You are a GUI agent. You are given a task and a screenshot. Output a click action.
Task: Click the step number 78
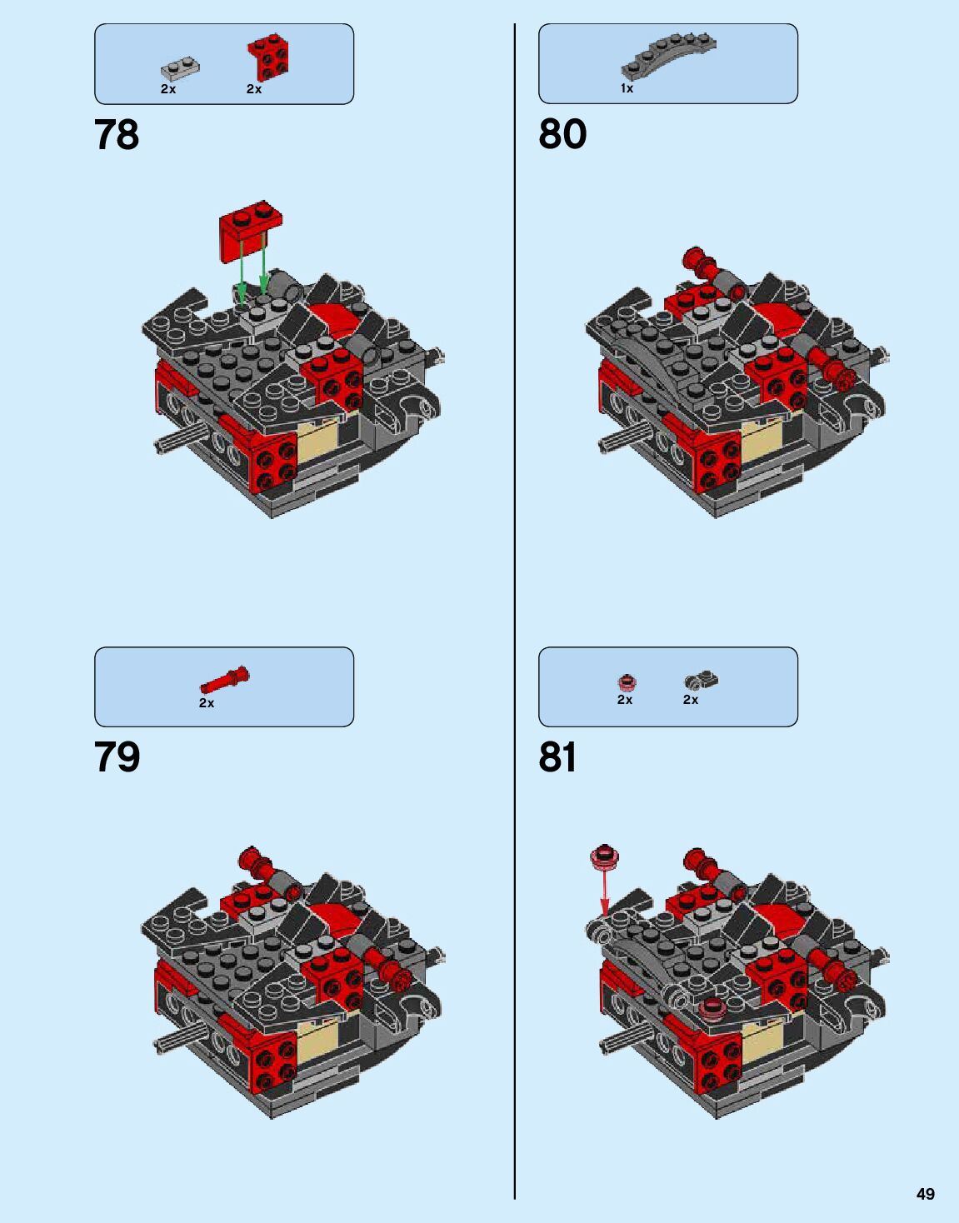pyautogui.click(x=117, y=135)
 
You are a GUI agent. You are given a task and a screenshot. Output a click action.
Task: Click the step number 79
pyautogui.click(x=117, y=757)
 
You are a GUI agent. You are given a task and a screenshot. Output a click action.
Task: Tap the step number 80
pyautogui.click(x=562, y=134)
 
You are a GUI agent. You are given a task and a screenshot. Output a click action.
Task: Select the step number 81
pyautogui.click(x=558, y=757)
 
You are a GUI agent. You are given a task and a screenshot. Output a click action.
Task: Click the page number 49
pyautogui.click(x=925, y=1194)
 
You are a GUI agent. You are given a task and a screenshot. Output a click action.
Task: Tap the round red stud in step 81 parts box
pyautogui.click(x=627, y=682)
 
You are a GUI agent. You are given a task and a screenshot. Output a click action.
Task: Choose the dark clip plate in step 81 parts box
pyautogui.click(x=701, y=681)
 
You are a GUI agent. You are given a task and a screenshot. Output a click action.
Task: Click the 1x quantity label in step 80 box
pyautogui.click(x=627, y=88)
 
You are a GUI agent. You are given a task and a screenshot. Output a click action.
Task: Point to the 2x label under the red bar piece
pyautogui.click(x=207, y=703)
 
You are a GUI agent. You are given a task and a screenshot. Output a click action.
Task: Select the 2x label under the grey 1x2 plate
pyautogui.click(x=168, y=89)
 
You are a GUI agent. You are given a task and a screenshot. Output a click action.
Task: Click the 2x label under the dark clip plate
pyautogui.click(x=691, y=700)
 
